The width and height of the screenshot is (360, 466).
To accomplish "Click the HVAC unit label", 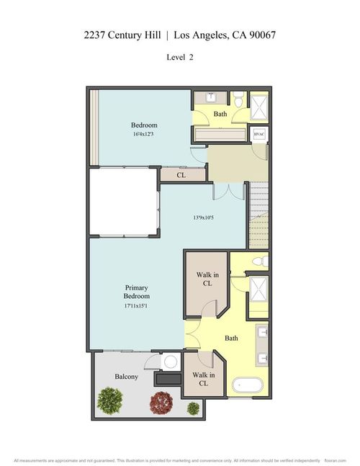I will tap(259, 134).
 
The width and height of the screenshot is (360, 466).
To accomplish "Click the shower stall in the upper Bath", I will tap(258, 108).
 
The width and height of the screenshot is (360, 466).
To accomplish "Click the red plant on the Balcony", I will tap(162, 401).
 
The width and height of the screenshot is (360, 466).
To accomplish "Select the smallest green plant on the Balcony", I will tap(193, 408).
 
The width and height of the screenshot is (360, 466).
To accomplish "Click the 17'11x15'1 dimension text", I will tap(136, 306).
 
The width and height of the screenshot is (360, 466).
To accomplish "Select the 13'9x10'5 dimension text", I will tap(204, 218).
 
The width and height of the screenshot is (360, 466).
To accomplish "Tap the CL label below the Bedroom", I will tap(181, 174).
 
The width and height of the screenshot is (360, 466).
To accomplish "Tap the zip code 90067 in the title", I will tap(261, 34).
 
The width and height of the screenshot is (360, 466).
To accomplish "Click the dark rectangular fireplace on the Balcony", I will tap(169, 379).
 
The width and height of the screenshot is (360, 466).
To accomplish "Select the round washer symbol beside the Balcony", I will tap(171, 362).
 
